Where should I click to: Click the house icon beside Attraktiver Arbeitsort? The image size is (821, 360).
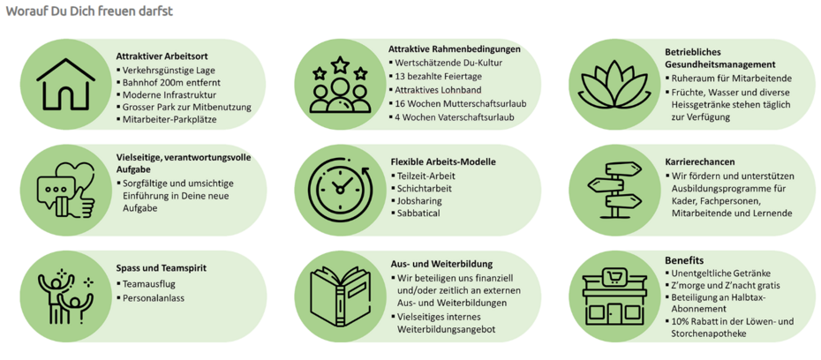click(x=66, y=84)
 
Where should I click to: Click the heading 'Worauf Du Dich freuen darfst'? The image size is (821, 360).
click(x=89, y=11)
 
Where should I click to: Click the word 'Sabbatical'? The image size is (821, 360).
click(x=418, y=214)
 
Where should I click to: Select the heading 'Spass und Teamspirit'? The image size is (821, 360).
click(x=161, y=268)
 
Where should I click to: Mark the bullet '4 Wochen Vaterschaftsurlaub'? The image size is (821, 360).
click(x=455, y=117)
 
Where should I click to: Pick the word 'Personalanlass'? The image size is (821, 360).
click(x=152, y=300)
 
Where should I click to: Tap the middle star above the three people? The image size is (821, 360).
click(x=341, y=65)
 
